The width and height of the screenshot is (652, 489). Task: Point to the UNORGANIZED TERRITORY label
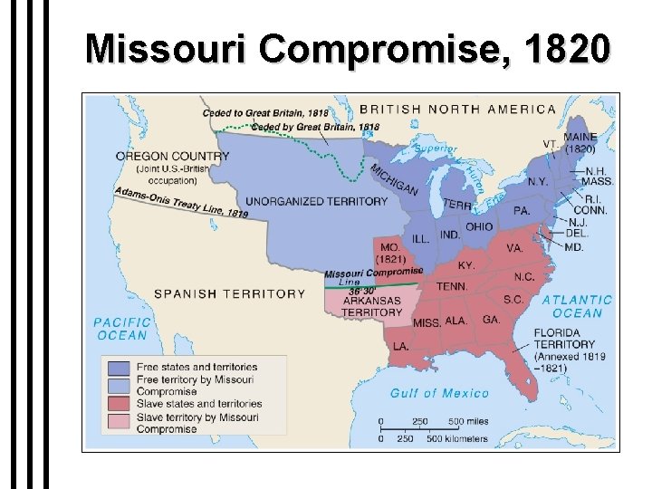coord(316,201)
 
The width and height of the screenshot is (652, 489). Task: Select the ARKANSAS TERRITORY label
coord(371,306)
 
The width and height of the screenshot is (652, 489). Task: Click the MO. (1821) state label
coord(392,253)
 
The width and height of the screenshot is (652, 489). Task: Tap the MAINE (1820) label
coord(580,142)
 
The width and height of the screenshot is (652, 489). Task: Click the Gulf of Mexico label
coord(439,393)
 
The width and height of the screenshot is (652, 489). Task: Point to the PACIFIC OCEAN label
coord(120,328)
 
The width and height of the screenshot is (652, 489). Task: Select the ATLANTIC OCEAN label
coord(577,306)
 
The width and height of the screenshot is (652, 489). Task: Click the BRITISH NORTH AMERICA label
coord(458,109)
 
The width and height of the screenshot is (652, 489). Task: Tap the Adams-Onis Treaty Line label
coord(181,202)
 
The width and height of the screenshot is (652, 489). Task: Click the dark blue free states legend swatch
coord(119,367)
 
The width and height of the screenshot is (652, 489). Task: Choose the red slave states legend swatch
coord(119,403)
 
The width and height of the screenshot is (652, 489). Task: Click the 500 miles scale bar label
coord(467,421)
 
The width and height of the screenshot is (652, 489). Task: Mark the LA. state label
coord(401,346)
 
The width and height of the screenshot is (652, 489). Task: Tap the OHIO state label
coord(479,226)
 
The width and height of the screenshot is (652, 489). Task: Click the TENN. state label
coord(452,286)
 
